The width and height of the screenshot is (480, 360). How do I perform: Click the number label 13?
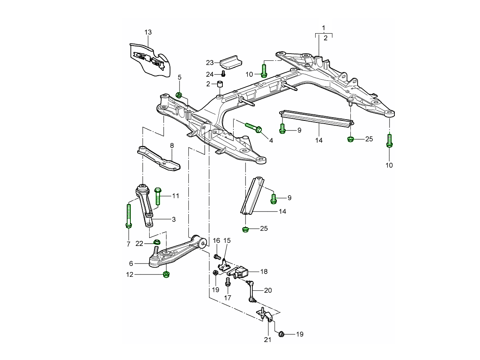coord(148,32)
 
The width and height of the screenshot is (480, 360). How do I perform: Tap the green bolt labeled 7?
coord(129,216)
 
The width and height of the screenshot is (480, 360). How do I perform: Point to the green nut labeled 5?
coord(179,95)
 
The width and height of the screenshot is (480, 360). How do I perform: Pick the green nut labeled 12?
coord(165,274)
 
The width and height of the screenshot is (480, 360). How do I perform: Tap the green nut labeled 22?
coord(157,242)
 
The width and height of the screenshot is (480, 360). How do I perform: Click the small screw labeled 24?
coord(224,74)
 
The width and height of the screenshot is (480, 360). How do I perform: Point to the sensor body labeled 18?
coord(240,272)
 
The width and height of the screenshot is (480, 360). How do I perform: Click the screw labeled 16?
coord(218,256)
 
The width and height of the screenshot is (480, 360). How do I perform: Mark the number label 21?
coord(268,340)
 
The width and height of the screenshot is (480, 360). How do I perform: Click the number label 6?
coord(131,264)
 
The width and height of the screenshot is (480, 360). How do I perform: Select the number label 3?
coord(174,219)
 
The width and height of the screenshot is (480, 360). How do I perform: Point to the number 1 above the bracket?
coord(324,28)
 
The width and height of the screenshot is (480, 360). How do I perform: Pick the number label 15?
coord(227,241)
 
